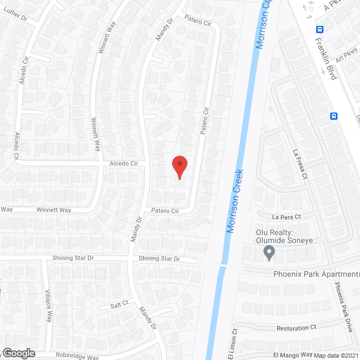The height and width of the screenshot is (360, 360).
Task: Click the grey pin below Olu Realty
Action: [x=269, y=253]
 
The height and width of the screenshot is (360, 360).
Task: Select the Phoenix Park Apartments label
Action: [x=316, y=274]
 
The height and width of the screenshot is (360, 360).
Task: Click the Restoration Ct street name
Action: [x=297, y=327]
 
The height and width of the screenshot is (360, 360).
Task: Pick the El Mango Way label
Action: [x=292, y=354]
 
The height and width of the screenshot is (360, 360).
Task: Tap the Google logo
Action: [x=19, y=353]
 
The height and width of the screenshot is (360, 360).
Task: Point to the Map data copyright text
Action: [x=336, y=355]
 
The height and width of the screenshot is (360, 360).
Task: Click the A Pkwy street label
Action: [x=336, y=6]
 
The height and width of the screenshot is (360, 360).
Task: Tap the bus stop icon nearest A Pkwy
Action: [x=319, y=30]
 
